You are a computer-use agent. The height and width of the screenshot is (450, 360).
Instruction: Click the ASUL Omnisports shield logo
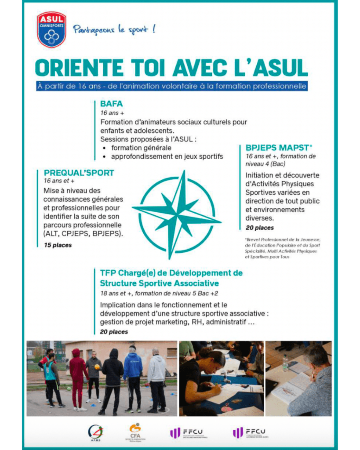pos(51,29)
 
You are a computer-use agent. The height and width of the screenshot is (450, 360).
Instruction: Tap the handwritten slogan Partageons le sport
pos(114,30)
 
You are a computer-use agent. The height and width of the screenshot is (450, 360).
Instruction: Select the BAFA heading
pos(112,104)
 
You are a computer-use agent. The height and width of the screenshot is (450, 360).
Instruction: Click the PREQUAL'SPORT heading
pos(79,173)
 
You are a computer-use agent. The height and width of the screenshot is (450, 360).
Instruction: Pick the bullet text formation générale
pos(141,148)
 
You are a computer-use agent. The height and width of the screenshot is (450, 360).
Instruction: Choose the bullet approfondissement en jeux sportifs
pos(167,156)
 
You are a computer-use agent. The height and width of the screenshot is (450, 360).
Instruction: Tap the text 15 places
pos(58,245)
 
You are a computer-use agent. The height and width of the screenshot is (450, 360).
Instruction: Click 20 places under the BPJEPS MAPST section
pos(259,228)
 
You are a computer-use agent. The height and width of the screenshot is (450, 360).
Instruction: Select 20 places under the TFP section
pos(114,331)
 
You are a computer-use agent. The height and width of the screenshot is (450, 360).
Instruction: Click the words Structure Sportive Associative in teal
pos(159,283)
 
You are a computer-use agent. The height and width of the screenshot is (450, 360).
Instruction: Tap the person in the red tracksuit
pos(78,378)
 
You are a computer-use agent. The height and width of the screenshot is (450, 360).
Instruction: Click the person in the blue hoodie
pos(132,376)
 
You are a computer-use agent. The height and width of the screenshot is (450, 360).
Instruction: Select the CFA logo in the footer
pos(134,432)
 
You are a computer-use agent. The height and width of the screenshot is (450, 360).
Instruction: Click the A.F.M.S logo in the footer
pos(96,432)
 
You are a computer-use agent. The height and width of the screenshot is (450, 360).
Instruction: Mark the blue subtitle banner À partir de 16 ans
pos(172,86)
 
